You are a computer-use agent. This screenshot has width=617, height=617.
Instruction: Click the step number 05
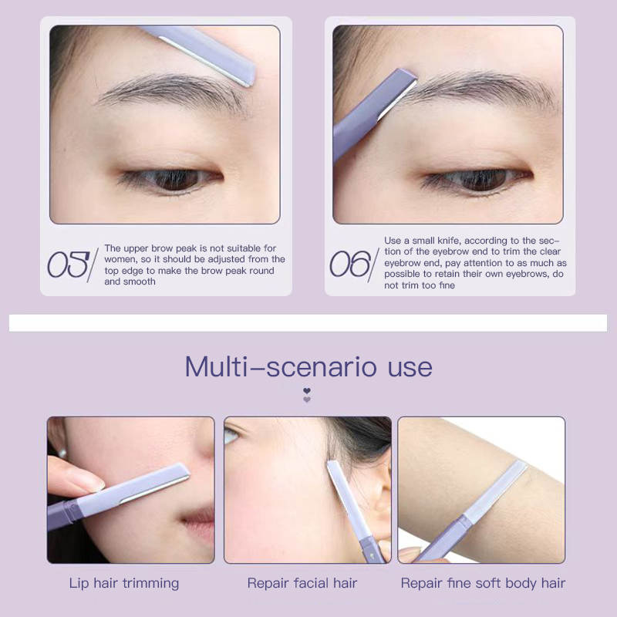tap(69, 265)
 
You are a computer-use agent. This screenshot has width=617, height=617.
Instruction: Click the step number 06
tap(350, 264)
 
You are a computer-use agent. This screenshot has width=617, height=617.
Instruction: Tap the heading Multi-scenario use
tap(308, 367)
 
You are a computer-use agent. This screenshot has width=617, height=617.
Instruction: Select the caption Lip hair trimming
tap(124, 583)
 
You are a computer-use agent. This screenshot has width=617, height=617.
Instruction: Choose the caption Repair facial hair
tap(302, 583)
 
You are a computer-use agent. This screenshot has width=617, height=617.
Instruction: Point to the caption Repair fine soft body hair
tap(483, 583)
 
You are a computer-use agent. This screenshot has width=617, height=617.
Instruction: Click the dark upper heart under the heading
tap(307, 391)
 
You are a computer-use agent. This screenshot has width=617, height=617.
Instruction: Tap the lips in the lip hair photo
tap(200, 524)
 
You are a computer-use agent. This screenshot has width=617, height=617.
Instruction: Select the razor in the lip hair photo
tap(118, 495)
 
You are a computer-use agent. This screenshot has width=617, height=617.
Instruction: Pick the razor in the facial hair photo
tap(354, 511)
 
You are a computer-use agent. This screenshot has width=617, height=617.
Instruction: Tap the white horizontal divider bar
tap(308, 322)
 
